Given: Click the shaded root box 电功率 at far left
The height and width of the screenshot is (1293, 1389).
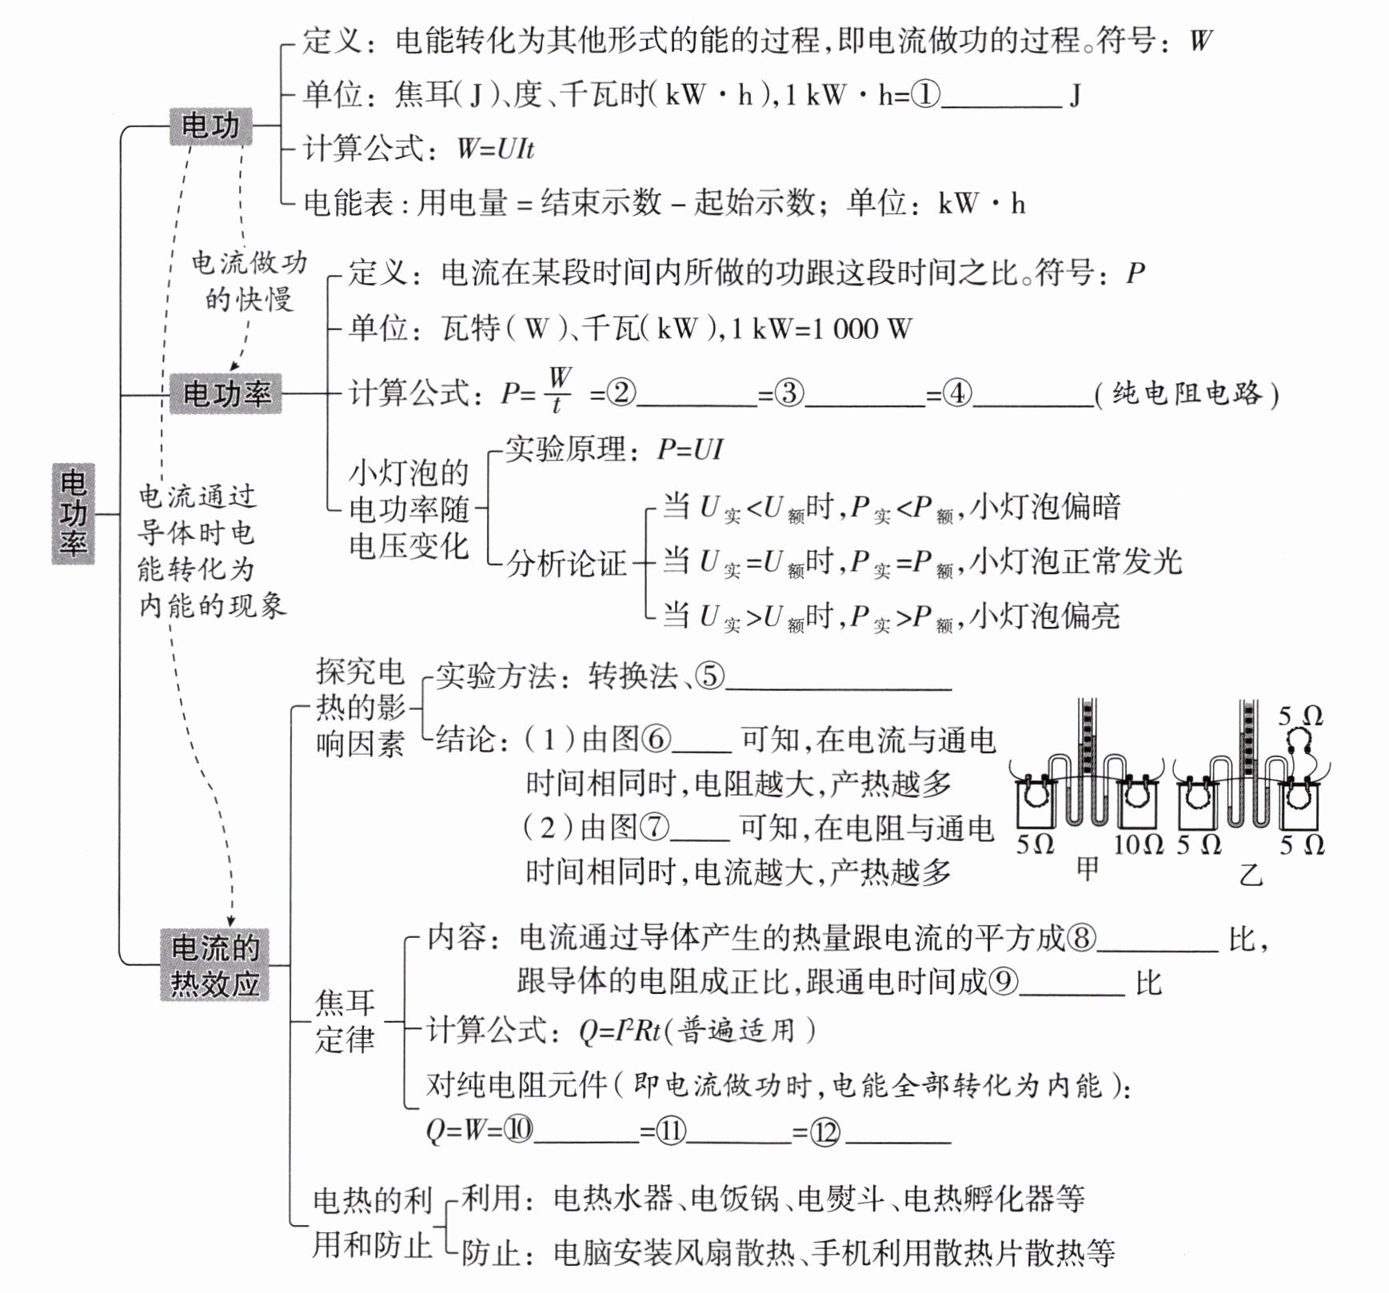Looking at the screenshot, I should point(73,513).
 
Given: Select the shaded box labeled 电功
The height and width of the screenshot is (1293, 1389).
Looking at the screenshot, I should point(210,126).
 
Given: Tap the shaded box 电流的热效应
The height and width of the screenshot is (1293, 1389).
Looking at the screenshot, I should point(214,965).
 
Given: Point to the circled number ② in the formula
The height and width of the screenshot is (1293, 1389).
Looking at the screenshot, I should point(621,393).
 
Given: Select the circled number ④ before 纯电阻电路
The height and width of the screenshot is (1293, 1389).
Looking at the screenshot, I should point(958,393).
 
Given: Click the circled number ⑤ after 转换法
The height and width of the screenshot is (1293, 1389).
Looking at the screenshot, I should point(709,676).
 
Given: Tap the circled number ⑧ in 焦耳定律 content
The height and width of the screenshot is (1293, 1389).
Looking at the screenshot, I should point(1082,937).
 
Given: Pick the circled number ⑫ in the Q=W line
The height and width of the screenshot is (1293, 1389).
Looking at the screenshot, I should point(825,1130).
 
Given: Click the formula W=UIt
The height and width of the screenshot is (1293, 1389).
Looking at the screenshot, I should point(495,150).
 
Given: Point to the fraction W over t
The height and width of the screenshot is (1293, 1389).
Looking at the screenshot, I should point(559,390).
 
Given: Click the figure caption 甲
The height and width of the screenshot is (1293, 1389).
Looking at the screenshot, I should point(1088,868).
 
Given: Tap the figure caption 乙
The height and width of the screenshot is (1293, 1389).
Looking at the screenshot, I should point(1250,875).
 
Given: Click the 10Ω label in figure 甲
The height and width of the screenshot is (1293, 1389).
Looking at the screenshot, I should point(1137,844).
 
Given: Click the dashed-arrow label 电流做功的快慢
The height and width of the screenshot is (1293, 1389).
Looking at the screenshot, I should point(249,280).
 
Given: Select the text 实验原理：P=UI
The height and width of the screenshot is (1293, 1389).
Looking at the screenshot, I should point(614,450).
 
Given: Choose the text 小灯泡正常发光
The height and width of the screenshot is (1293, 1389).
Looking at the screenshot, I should point(1076,561).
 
